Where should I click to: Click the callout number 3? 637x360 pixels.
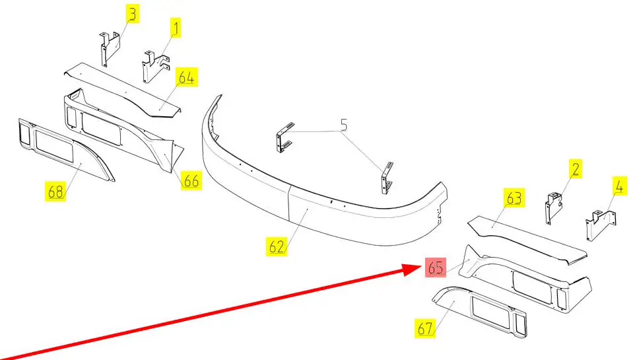click(133, 14)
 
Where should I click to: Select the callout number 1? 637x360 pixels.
click(176, 28)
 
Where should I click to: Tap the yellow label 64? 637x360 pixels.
click(187, 78)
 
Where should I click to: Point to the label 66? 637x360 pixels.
click(191, 181)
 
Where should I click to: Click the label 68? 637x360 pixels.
click(55, 192)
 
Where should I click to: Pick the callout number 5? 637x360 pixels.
click(343, 124)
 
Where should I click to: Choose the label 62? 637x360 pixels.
click(277, 248)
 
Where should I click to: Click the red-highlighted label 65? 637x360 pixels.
click(435, 268)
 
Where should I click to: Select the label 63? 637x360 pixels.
click(514, 198)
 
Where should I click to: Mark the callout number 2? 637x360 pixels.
click(576, 169)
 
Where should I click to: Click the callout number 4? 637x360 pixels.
click(619, 186)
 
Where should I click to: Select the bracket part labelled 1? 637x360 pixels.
click(152, 67)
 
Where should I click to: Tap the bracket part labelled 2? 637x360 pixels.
click(553, 207)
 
